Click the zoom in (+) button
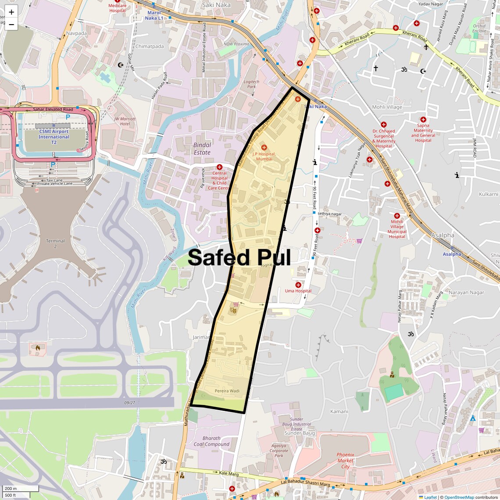pyautogui.click(x=11, y=12)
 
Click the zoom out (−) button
pyautogui.click(x=11, y=25)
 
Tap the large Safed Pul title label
pyautogui.click(x=239, y=258)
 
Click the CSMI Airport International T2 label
pyautogui.click(x=54, y=137)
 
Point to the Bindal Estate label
pyautogui.click(x=202, y=149)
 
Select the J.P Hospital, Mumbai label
pyautogui.click(x=264, y=156)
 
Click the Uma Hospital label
pyautogui.click(x=298, y=291)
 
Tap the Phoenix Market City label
pyautogui.click(x=345, y=461)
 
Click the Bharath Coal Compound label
pyautogui.click(x=211, y=441)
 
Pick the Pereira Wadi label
pyautogui.click(x=227, y=391)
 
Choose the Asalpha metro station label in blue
pyautogui.click(x=452, y=254)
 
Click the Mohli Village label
pyautogui.click(x=387, y=107)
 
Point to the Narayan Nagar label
pyautogui.click(x=466, y=293)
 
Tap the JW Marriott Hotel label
pyautogui.click(x=125, y=121)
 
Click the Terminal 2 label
pyautogui.click(x=55, y=243)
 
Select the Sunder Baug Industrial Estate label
pyautogui.click(x=296, y=424)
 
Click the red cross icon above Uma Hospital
pyautogui.click(x=298, y=285)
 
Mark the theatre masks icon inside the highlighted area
pyautogui.click(x=233, y=310)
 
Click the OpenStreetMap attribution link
pyautogui.click(x=459, y=497)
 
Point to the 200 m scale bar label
pyautogui.click(x=11, y=489)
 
